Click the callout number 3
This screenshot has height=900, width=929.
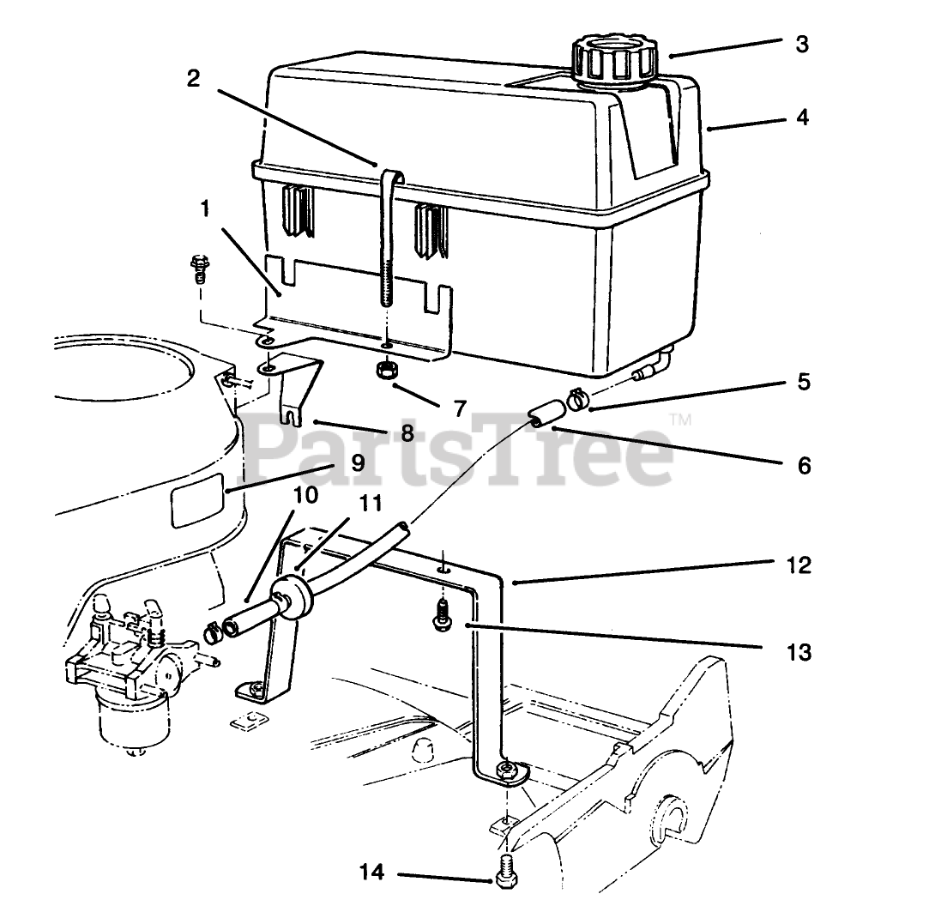[x=801, y=44]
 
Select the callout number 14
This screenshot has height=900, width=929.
[x=371, y=873]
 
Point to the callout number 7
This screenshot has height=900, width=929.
[x=460, y=408]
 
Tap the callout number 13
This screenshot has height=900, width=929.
[x=798, y=652]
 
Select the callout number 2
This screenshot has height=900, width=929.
[x=193, y=78]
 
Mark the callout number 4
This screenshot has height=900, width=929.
[x=801, y=117]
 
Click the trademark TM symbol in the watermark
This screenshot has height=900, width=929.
[x=679, y=420]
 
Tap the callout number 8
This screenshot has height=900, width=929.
[x=406, y=433]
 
